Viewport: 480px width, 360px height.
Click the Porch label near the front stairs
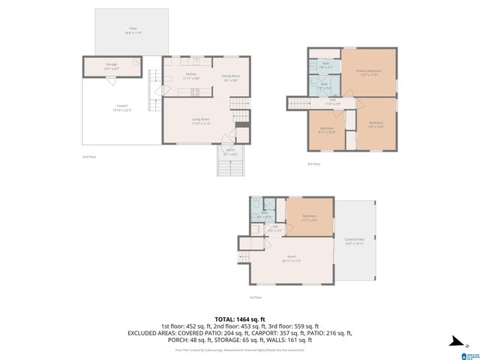coord(230,151)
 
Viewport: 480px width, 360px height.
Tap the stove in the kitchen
coord(195,92)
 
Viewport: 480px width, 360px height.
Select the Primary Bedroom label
coord(367,72)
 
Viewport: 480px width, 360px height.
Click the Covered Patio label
coord(354,241)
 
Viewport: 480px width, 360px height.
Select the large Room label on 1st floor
coord(291,259)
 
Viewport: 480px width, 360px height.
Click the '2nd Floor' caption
coord(89,157)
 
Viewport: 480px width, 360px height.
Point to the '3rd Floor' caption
coord(313,163)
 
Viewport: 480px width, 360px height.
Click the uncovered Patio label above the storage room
coord(130,30)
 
